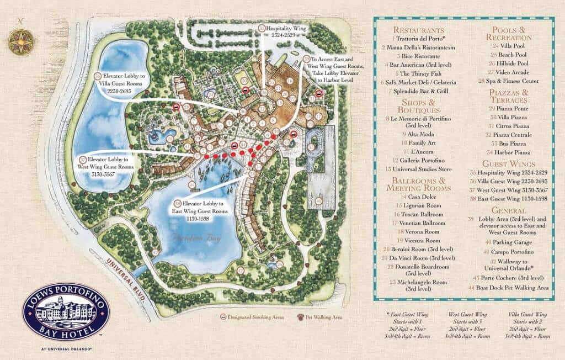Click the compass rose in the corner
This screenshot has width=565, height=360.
point(21,41)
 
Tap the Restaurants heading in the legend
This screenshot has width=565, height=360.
point(418,30)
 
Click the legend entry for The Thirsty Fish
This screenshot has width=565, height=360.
point(419,73)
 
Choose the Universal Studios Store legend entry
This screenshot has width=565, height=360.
point(422,169)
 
